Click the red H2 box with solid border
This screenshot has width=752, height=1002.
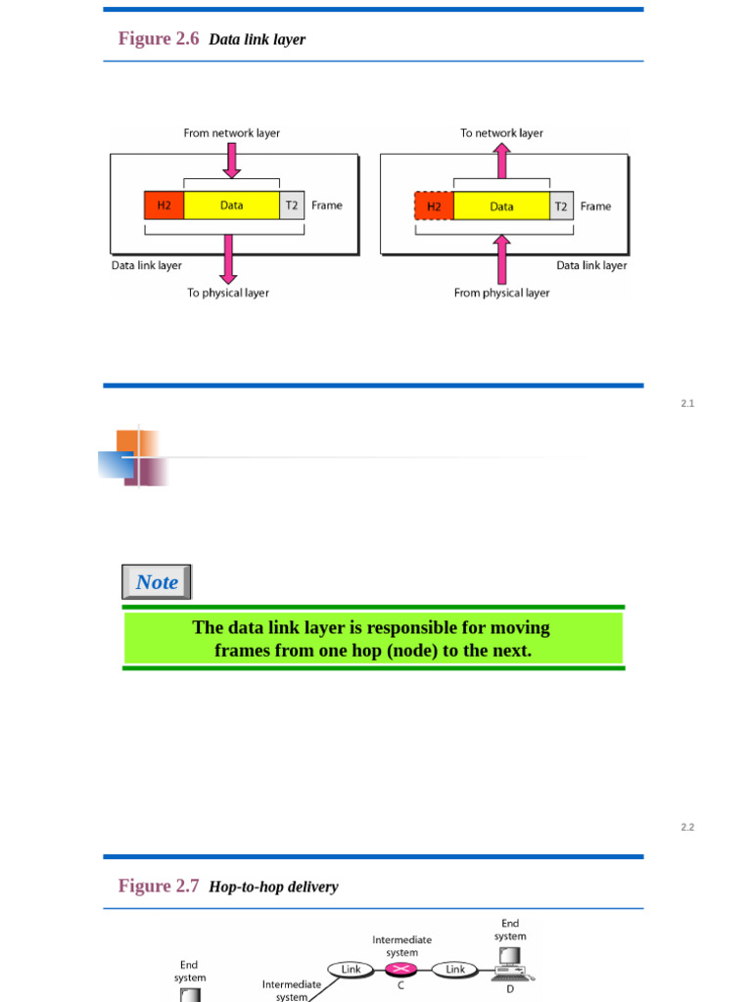(x=164, y=205)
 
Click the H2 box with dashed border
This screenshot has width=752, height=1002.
(x=434, y=206)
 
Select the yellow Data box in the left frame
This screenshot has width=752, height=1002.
(x=231, y=205)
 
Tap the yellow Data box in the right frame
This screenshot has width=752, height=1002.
(x=501, y=206)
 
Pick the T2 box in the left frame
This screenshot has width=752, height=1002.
(x=292, y=205)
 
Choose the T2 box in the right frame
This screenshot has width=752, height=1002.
(x=561, y=206)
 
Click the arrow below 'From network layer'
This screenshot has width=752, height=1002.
(x=231, y=159)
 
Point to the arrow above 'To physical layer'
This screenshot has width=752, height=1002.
(x=229, y=258)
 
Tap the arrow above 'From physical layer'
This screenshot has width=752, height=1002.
(x=501, y=258)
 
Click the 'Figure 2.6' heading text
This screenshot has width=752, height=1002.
(x=159, y=39)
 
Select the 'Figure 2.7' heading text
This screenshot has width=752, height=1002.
(x=159, y=887)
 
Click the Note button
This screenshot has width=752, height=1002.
(x=157, y=582)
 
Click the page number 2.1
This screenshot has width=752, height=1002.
(x=687, y=404)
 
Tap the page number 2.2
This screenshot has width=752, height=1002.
(x=687, y=828)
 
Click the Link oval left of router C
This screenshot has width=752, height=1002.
(x=351, y=970)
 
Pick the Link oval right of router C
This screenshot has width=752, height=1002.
(x=455, y=970)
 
